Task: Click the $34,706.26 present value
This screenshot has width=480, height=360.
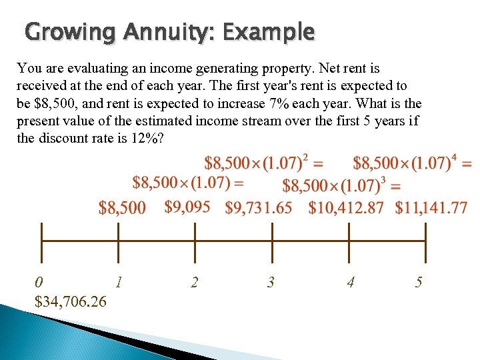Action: click(70, 302)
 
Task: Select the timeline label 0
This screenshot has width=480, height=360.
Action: click(40, 282)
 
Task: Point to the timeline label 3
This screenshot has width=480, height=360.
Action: click(271, 282)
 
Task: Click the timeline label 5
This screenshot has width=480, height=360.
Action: click(418, 282)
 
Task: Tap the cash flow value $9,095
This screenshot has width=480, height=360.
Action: click(187, 207)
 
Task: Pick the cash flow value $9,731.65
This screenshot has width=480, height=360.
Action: click(259, 208)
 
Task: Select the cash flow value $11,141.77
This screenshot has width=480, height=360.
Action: click(431, 208)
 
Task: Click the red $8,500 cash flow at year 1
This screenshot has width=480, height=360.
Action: click(122, 208)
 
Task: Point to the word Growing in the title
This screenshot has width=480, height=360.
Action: click(64, 33)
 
